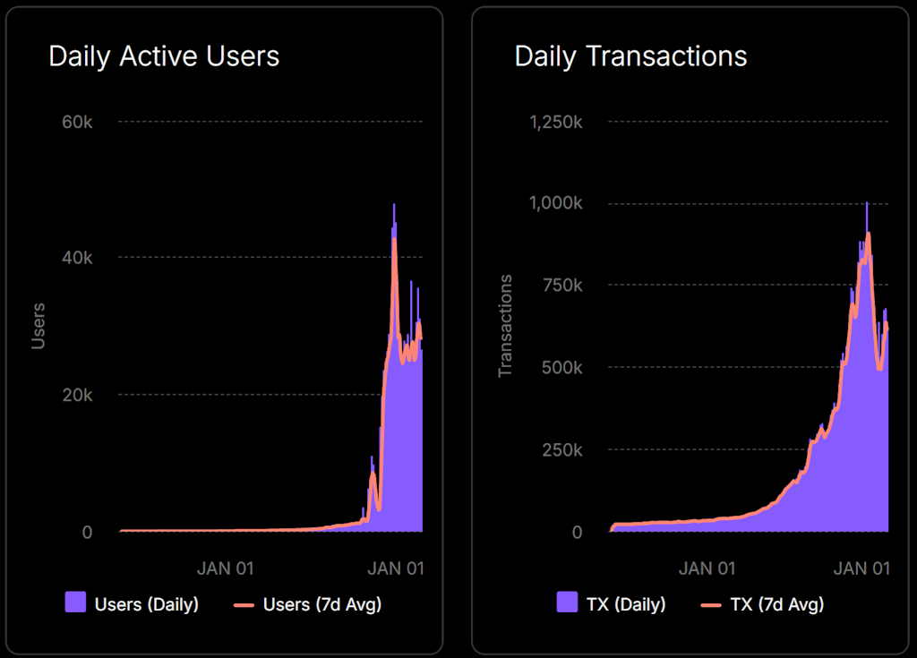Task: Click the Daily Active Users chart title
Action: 164,56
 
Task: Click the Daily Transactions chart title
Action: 630,56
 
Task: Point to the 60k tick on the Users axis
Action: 77,122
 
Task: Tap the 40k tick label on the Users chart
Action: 77,258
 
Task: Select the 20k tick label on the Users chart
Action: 77,395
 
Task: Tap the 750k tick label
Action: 562,286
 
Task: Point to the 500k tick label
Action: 562,367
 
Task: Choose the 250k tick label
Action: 562,449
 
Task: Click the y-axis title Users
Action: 39,327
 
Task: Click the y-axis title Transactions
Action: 506,326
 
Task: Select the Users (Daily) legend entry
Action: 133,604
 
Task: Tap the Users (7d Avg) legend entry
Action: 307,604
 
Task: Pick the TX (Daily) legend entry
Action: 612,604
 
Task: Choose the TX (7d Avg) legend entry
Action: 763,604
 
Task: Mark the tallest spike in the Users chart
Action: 393,206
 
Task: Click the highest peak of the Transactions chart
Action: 866,203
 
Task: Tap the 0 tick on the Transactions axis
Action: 576,532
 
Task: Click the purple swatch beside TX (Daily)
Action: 567,603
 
